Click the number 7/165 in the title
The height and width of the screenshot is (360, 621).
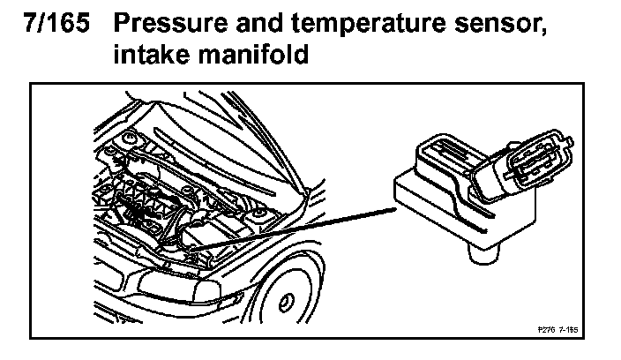(x=54, y=24)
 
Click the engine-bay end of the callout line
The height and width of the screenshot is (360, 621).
(x=196, y=250)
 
